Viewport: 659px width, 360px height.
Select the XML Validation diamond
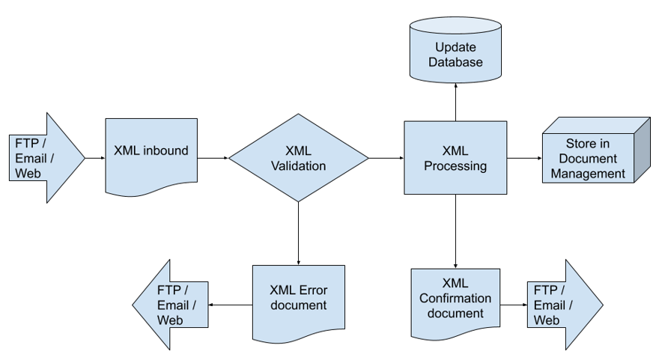(x=299, y=157)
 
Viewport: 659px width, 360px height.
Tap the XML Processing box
(x=455, y=157)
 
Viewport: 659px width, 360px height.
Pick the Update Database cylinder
(x=455, y=52)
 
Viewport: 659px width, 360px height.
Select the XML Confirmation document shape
(x=455, y=299)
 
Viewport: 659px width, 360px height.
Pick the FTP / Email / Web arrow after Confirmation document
(x=562, y=305)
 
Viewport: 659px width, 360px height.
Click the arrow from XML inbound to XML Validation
(x=213, y=158)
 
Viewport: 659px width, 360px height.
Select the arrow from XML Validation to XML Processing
(x=386, y=158)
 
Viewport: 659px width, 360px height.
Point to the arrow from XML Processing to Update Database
(x=455, y=100)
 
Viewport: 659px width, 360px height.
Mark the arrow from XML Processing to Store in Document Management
(x=524, y=158)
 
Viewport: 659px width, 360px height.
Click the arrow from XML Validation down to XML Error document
(x=299, y=232)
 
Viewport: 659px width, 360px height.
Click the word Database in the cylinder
(x=455, y=62)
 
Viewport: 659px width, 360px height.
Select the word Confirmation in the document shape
(x=455, y=298)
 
